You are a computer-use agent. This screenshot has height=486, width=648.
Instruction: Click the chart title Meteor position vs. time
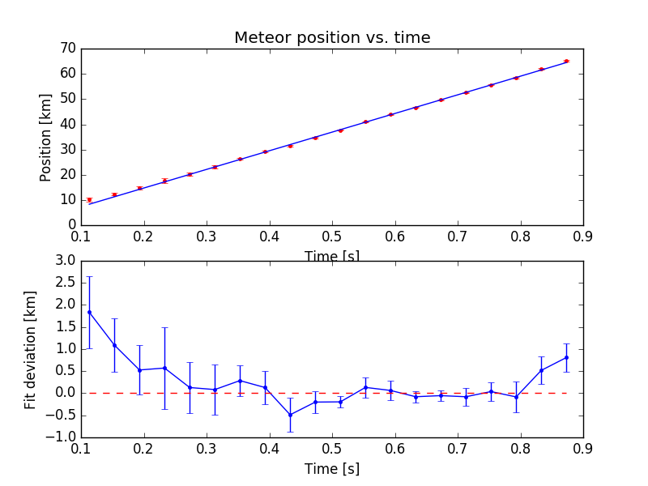pos(332,38)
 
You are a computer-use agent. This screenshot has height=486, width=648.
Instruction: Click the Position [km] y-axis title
pos(46,136)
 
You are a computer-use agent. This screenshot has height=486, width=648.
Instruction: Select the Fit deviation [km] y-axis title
pos(31,349)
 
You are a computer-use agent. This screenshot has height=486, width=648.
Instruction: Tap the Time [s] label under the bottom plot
pos(332,468)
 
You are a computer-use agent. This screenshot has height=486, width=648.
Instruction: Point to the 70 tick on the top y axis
pos(68,49)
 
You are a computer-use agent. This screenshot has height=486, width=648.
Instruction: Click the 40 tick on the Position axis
pos(68,124)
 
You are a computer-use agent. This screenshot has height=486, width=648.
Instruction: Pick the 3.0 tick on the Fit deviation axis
pos(65,261)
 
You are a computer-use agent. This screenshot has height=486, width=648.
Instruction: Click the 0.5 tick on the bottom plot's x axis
pos(332,448)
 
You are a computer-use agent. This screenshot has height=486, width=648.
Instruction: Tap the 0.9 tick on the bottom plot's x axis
pos(583,448)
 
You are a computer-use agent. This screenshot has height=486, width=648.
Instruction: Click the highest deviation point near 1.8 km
pos(89,312)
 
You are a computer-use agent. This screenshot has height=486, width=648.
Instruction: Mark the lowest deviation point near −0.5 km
pos(290,415)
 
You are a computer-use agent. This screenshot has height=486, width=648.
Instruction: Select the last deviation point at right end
pos(566,357)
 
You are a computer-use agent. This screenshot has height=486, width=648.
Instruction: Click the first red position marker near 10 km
pos(89,199)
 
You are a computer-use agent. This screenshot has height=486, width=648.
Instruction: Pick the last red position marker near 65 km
pos(566,61)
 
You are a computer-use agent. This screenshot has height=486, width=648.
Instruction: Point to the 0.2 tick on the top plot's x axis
pos(144,237)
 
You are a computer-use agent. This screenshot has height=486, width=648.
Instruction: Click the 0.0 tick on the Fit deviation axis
pos(65,393)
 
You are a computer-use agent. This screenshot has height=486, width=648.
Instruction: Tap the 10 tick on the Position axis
pos(68,199)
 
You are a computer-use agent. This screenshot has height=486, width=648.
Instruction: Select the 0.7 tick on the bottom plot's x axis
pos(458,448)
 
